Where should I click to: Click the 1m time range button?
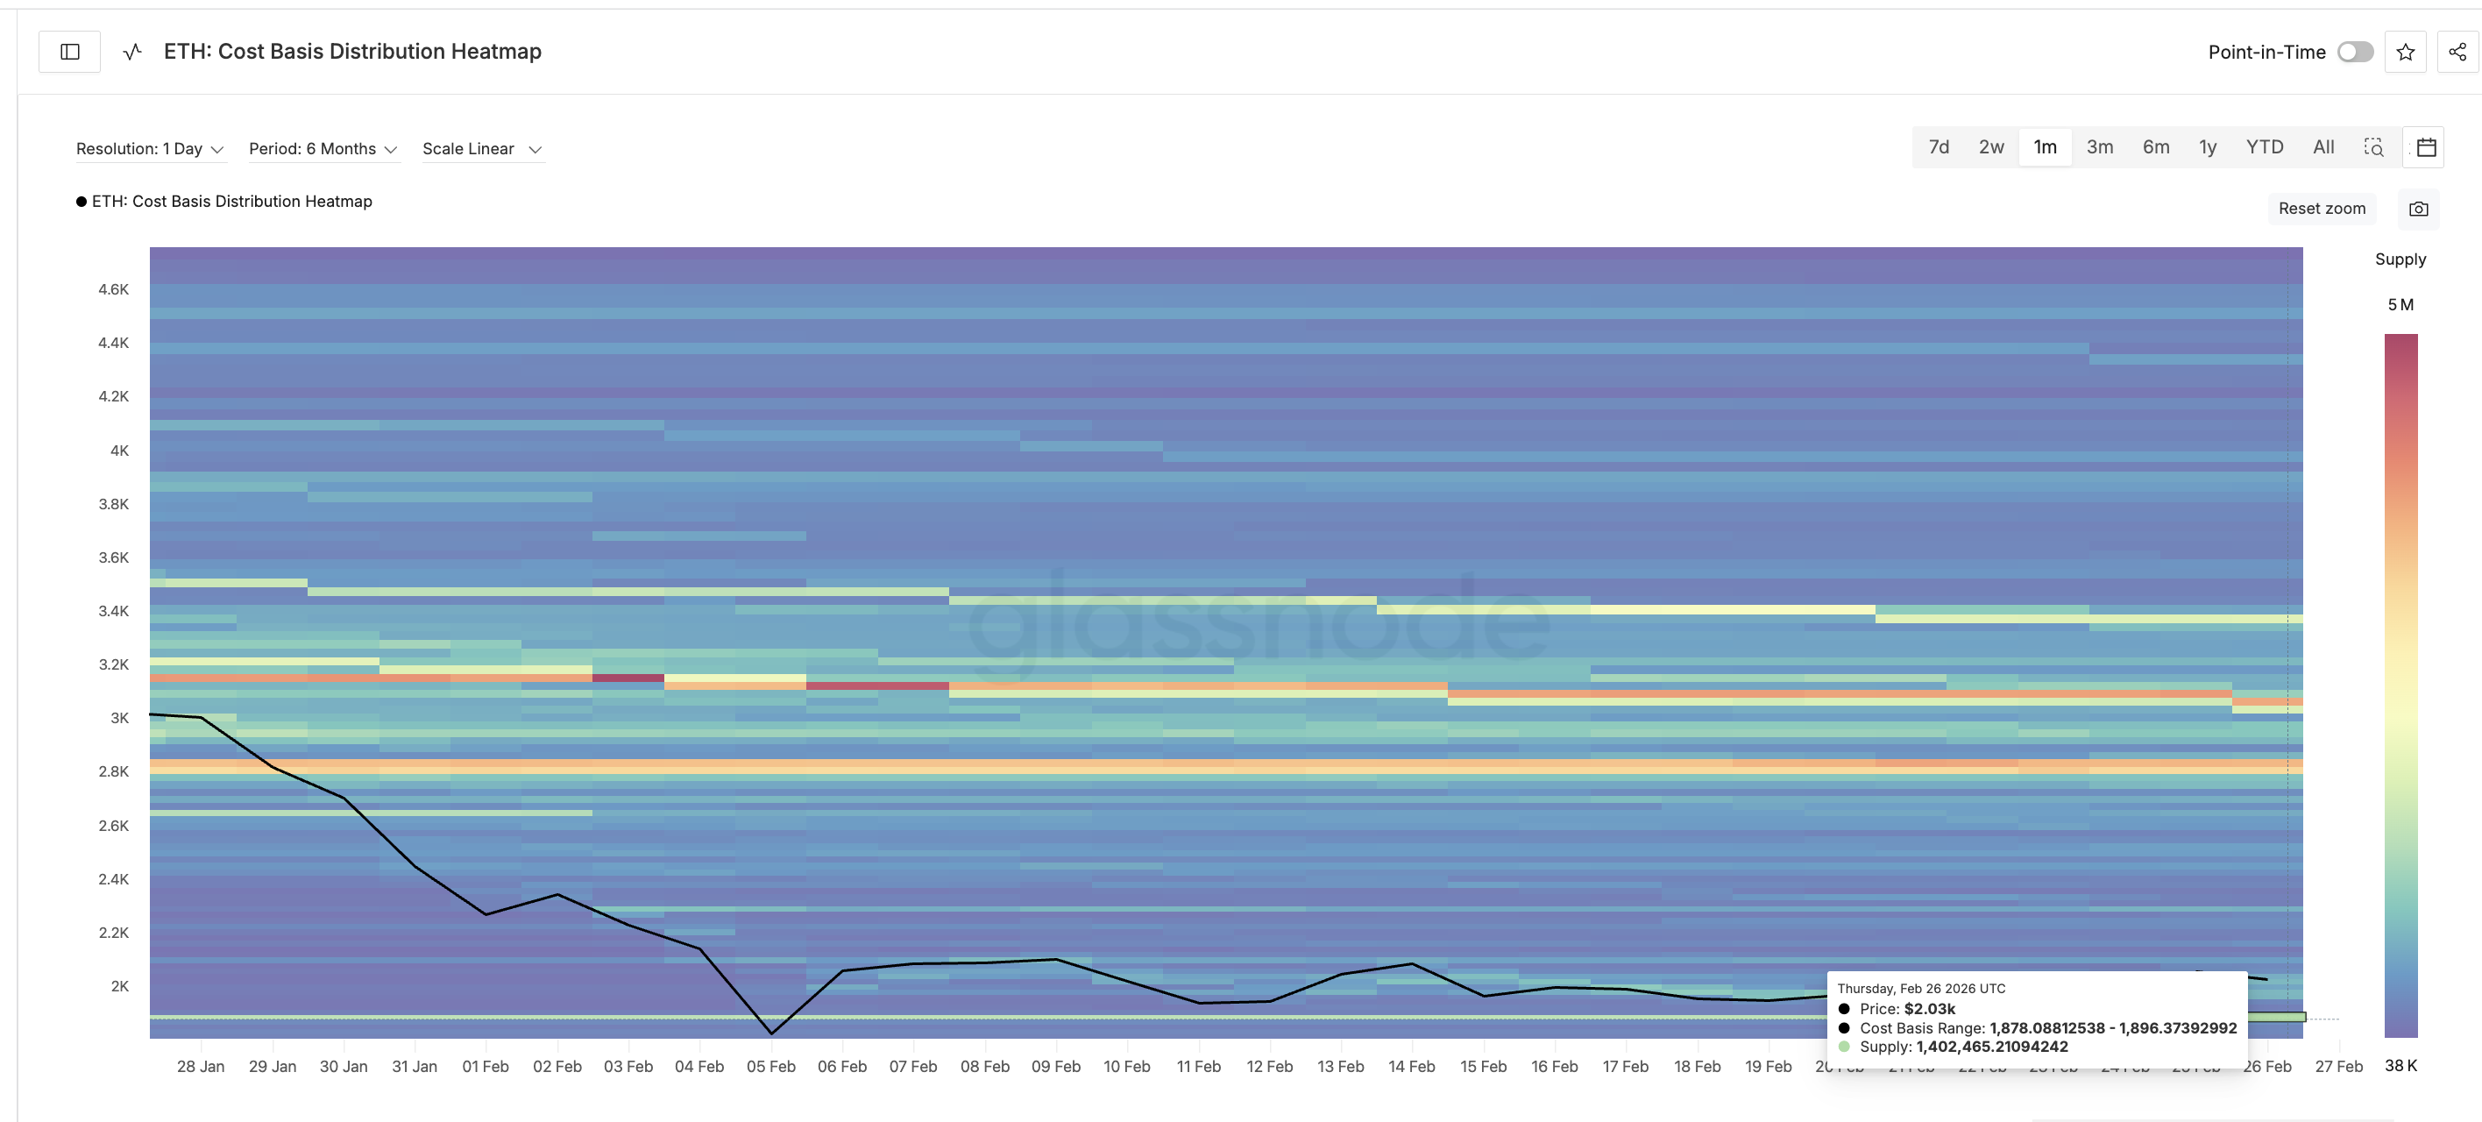(x=2045, y=147)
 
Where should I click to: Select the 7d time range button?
(x=1939, y=147)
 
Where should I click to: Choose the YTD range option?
(x=2265, y=147)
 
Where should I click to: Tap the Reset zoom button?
(x=2321, y=209)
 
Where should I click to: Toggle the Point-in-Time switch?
(x=2355, y=52)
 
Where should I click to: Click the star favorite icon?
(x=2406, y=52)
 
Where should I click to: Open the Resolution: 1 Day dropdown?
(x=149, y=148)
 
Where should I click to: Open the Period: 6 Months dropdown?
(x=323, y=148)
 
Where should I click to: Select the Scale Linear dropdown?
(x=482, y=148)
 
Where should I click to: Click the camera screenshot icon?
(x=2418, y=209)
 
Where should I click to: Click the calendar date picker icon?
(x=2426, y=147)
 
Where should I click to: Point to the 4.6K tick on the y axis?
(x=114, y=289)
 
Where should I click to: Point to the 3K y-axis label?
(x=119, y=718)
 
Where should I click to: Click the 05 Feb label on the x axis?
(x=771, y=1066)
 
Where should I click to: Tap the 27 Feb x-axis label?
(x=2338, y=1066)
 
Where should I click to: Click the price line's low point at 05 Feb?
(x=772, y=1033)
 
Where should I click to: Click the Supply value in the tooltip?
(x=1991, y=1047)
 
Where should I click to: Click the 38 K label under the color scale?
(x=2400, y=1065)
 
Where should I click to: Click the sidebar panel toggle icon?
(x=69, y=52)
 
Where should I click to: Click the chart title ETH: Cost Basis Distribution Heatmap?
(x=352, y=52)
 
